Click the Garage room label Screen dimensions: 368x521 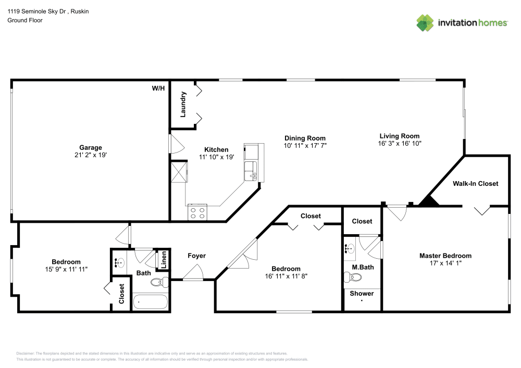(x=90, y=147)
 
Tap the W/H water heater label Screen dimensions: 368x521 (x=158, y=88)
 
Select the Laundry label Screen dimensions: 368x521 (x=183, y=104)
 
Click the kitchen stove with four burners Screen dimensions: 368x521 (x=197, y=212)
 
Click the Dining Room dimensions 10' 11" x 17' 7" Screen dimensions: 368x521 (x=305, y=145)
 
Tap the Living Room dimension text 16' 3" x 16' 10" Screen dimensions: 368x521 (x=400, y=143)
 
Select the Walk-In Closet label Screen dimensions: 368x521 (x=475, y=183)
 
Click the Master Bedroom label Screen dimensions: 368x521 (x=445, y=256)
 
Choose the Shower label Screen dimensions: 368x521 (x=362, y=294)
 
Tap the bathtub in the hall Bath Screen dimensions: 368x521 (x=150, y=302)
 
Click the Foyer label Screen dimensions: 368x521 (x=196, y=256)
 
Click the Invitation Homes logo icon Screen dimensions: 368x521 (x=426, y=22)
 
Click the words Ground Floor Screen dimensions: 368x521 (x=24, y=20)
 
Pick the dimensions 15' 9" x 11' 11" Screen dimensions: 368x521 (x=66, y=269)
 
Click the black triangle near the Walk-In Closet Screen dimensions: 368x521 (x=428, y=201)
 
